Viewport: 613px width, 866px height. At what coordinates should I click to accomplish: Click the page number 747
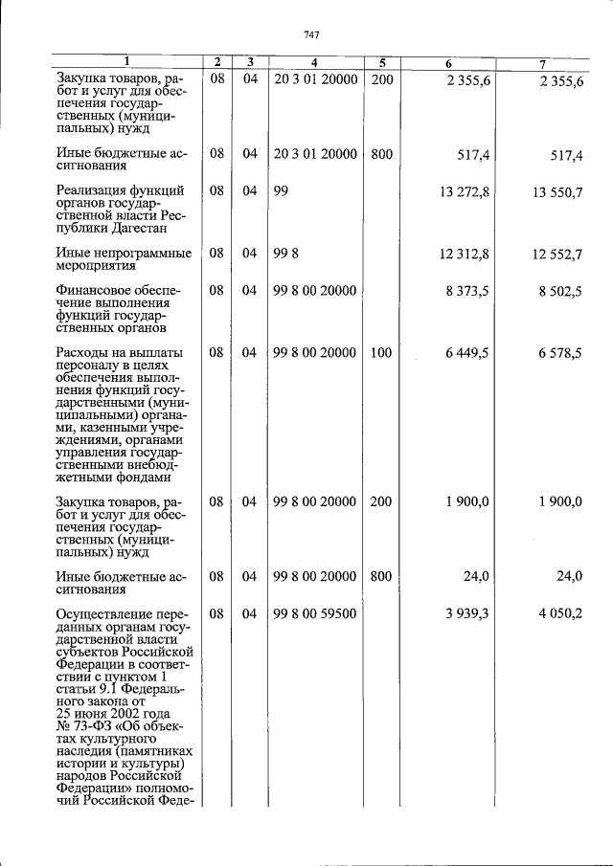310,35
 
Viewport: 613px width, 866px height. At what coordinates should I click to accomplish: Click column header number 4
315,63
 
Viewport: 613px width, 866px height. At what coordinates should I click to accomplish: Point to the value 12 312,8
465,253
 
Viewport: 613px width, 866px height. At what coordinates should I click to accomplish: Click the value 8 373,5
468,291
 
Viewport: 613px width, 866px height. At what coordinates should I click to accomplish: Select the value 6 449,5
468,353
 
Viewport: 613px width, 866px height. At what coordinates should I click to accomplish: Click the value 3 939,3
468,613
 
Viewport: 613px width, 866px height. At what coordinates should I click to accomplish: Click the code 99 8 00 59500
315,613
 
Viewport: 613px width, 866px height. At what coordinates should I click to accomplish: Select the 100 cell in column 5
381,353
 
